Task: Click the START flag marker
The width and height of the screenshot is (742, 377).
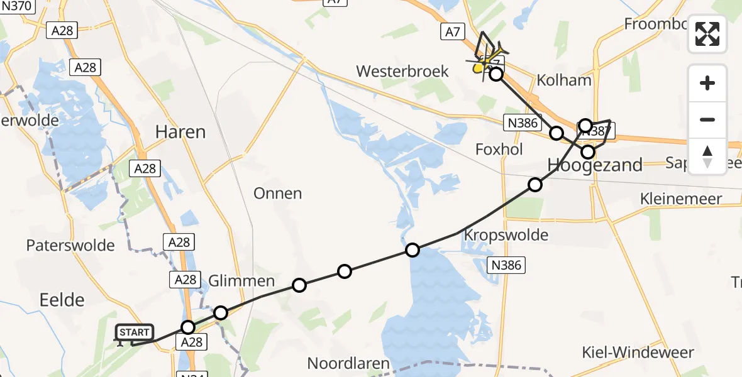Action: point(134,333)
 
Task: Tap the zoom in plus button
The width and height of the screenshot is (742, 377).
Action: point(707,84)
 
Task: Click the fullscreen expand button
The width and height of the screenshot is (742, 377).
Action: point(707,34)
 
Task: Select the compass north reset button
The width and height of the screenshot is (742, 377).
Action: point(707,156)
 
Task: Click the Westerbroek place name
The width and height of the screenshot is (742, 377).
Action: point(402,71)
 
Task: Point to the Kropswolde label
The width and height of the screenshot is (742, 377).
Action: point(506,235)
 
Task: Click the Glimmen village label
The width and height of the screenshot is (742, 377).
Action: point(242,280)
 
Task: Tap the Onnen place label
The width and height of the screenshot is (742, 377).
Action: point(277,193)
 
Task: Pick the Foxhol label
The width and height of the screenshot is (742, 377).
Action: point(499,150)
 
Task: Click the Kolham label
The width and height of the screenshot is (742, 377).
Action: point(564,80)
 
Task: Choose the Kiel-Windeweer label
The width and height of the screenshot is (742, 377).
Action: point(638,352)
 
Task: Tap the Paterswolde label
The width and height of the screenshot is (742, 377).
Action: point(70,245)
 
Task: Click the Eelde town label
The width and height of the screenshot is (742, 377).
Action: point(62,300)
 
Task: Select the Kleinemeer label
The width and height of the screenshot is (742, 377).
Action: point(680,199)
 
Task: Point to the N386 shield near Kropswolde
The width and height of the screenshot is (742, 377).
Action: point(506,265)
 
